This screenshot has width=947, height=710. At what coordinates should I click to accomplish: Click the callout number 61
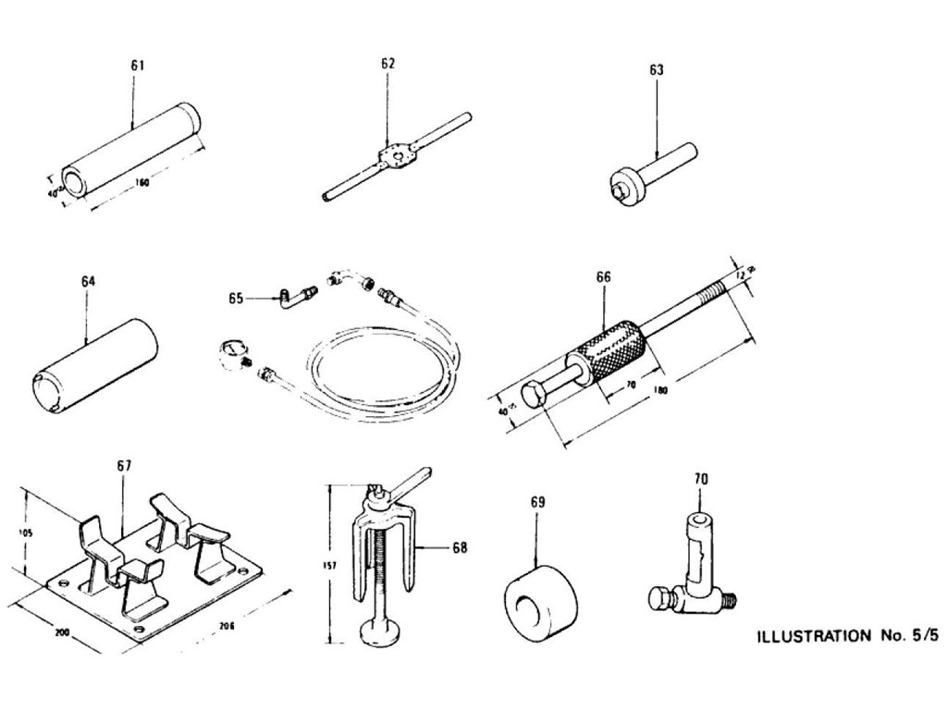[137, 66]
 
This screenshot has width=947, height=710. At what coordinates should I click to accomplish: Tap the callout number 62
[387, 64]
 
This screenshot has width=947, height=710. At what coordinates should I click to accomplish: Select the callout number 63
[657, 69]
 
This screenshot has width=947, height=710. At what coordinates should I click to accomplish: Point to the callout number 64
[88, 280]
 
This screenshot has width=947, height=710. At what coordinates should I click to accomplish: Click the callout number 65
[237, 298]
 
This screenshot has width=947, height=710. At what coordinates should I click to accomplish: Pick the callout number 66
[604, 277]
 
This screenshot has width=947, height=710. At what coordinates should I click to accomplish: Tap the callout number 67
[124, 468]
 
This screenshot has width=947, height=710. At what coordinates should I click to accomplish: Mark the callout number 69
[538, 502]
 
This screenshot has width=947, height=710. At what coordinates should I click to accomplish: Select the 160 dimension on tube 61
[142, 183]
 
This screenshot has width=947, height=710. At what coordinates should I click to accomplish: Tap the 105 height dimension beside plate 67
[27, 533]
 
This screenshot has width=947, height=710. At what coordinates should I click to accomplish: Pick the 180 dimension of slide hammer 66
[658, 389]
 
